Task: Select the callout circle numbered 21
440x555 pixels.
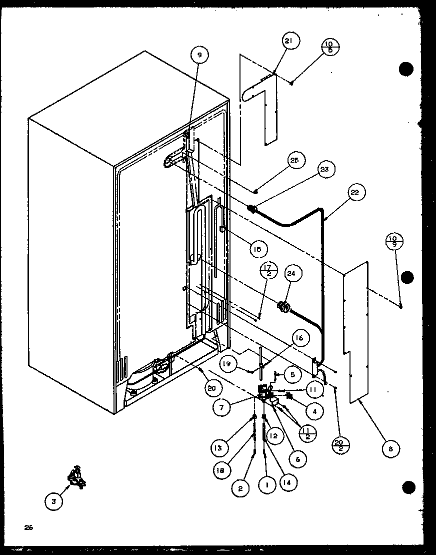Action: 290,42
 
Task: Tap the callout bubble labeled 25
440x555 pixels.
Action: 294,160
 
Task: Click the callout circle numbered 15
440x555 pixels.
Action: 256,248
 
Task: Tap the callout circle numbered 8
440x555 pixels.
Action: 390,449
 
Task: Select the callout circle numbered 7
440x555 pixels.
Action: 222,408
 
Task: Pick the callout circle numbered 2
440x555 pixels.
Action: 241,488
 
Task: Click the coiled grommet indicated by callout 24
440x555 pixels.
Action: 283,307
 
